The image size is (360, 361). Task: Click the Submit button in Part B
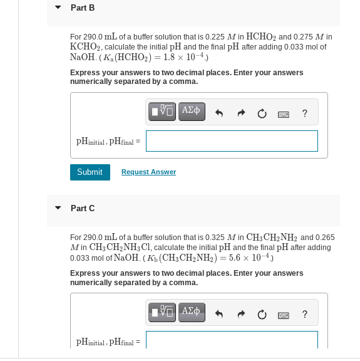click(90, 172)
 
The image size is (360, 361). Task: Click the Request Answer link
click(148, 172)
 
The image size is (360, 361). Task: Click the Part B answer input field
click(232, 141)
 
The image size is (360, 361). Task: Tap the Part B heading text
click(83, 8)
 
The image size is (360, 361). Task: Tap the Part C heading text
click(83, 208)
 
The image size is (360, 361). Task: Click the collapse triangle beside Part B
click(58, 8)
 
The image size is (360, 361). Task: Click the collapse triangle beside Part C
click(58, 208)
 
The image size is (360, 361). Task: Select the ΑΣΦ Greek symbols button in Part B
click(192, 112)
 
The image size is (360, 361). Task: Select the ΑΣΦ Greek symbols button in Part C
click(192, 312)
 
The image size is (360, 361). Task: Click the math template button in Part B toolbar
click(162, 112)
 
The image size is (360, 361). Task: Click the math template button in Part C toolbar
click(162, 312)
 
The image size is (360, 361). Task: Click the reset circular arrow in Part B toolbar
click(262, 113)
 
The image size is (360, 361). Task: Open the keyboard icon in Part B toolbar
click(283, 113)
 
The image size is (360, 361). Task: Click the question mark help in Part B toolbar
click(304, 113)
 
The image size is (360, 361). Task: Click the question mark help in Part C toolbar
click(304, 313)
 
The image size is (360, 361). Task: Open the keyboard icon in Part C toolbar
click(283, 313)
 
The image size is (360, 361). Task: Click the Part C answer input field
click(232, 340)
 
